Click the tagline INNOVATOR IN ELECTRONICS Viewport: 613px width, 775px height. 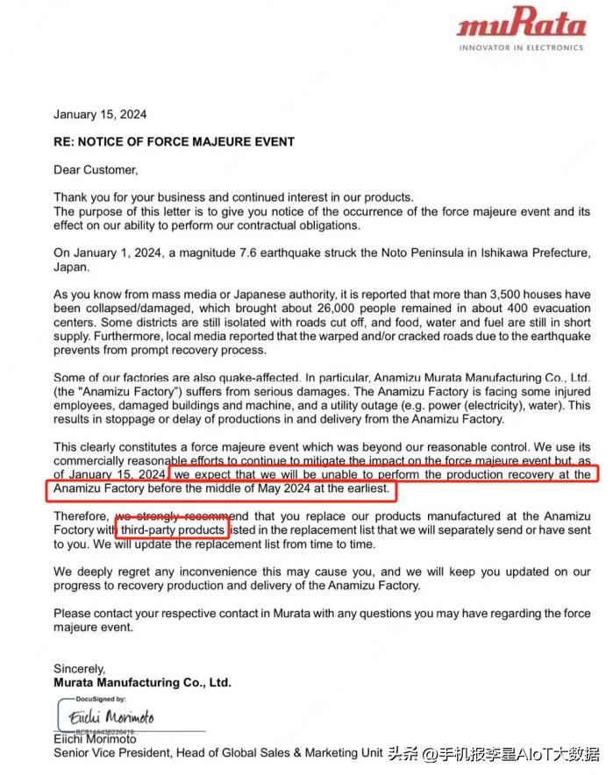[x=521, y=47]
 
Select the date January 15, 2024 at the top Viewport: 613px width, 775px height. [x=100, y=115]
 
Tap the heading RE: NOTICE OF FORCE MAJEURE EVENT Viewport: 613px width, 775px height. [x=174, y=141]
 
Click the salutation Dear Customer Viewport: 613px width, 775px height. [x=96, y=169]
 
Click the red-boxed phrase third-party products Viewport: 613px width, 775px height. [x=172, y=530]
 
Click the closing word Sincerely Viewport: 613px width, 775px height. [x=80, y=669]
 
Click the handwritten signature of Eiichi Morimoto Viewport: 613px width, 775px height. [x=111, y=717]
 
